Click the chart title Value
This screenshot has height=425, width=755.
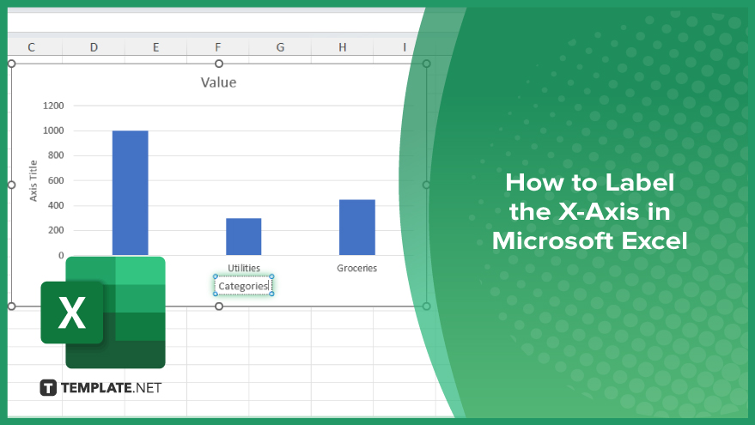(219, 82)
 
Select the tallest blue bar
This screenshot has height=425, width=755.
(130, 192)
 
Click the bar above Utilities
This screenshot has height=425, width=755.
(244, 236)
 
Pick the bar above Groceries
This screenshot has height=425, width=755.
(356, 228)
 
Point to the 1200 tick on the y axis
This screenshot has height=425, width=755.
(53, 106)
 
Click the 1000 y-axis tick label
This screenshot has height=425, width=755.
(53, 131)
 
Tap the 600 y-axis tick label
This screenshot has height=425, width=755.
(56, 180)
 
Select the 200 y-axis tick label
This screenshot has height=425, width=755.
(56, 230)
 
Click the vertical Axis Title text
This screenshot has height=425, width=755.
(33, 180)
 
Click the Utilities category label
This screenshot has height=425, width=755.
(244, 268)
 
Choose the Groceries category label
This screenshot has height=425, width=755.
(356, 268)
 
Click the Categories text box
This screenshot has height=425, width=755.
(243, 286)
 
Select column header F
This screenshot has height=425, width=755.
(218, 47)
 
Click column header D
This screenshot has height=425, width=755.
(94, 47)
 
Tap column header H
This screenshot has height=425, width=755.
(343, 47)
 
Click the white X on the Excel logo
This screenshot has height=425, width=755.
(72, 313)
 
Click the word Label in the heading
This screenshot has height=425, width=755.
(639, 182)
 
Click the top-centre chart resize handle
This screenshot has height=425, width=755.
(219, 64)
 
